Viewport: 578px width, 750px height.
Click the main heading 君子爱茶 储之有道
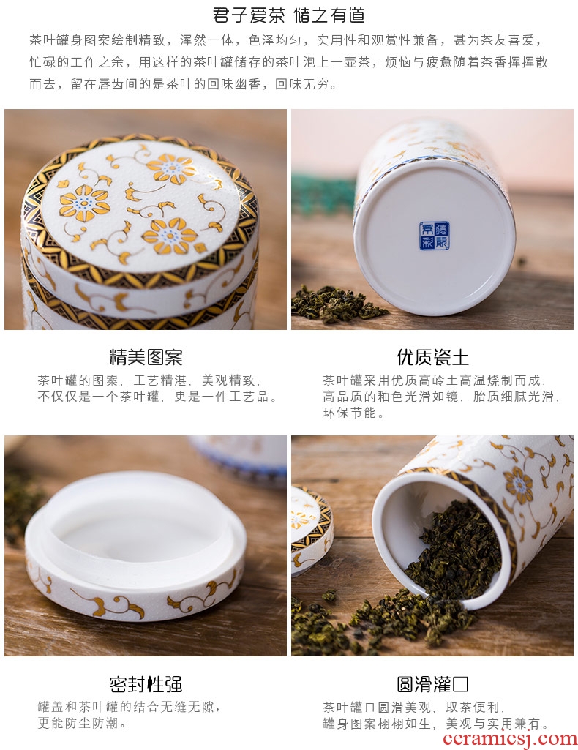click(289, 15)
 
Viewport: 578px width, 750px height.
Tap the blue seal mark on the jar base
click(435, 236)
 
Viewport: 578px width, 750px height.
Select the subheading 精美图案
click(146, 357)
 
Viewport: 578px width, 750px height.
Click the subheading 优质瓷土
click(432, 357)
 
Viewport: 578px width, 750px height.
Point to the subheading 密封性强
click(146, 684)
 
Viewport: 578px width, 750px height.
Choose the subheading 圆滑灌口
click(432, 684)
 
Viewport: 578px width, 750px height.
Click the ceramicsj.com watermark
click(510, 739)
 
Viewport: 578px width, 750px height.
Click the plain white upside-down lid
click(135, 545)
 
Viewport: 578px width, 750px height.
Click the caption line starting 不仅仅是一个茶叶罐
click(157, 397)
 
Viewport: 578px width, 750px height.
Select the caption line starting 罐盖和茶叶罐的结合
click(130, 707)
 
